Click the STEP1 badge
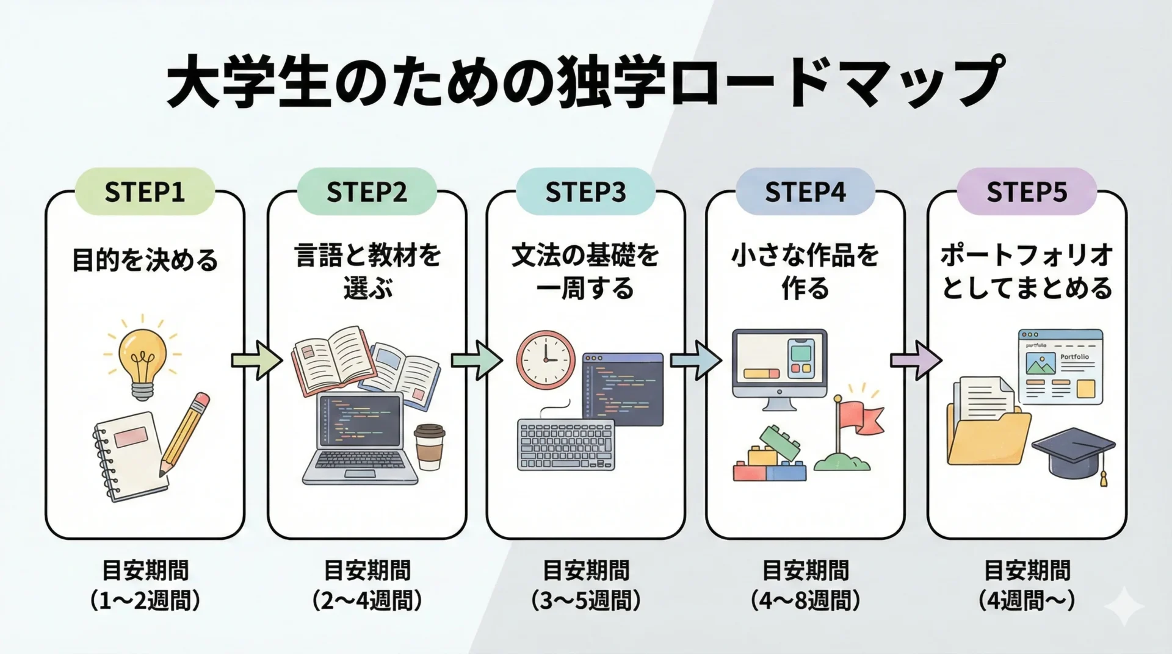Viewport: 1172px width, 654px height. pos(145,192)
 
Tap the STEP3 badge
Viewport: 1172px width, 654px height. pos(585,192)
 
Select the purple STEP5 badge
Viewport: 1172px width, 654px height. pos(1027,192)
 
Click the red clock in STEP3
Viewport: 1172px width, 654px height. pos(546,360)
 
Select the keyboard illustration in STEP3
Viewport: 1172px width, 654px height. pos(565,444)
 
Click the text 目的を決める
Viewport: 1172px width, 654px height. pos(145,260)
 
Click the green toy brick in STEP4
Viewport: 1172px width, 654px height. pos(780,442)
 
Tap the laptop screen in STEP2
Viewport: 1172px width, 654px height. pos(360,420)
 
